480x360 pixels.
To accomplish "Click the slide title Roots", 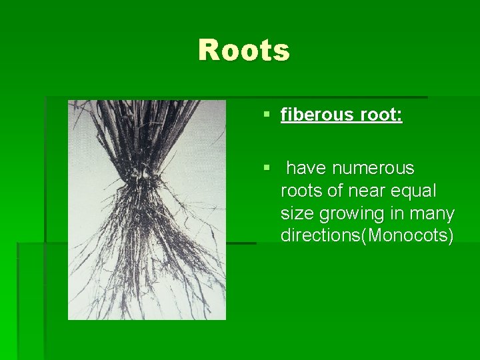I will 244,51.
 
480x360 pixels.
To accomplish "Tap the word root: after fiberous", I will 381,115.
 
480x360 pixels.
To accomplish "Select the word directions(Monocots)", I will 367,235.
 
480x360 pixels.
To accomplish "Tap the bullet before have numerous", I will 267,169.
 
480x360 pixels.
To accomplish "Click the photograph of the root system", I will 147,210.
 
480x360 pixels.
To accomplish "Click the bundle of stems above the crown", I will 147,133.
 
